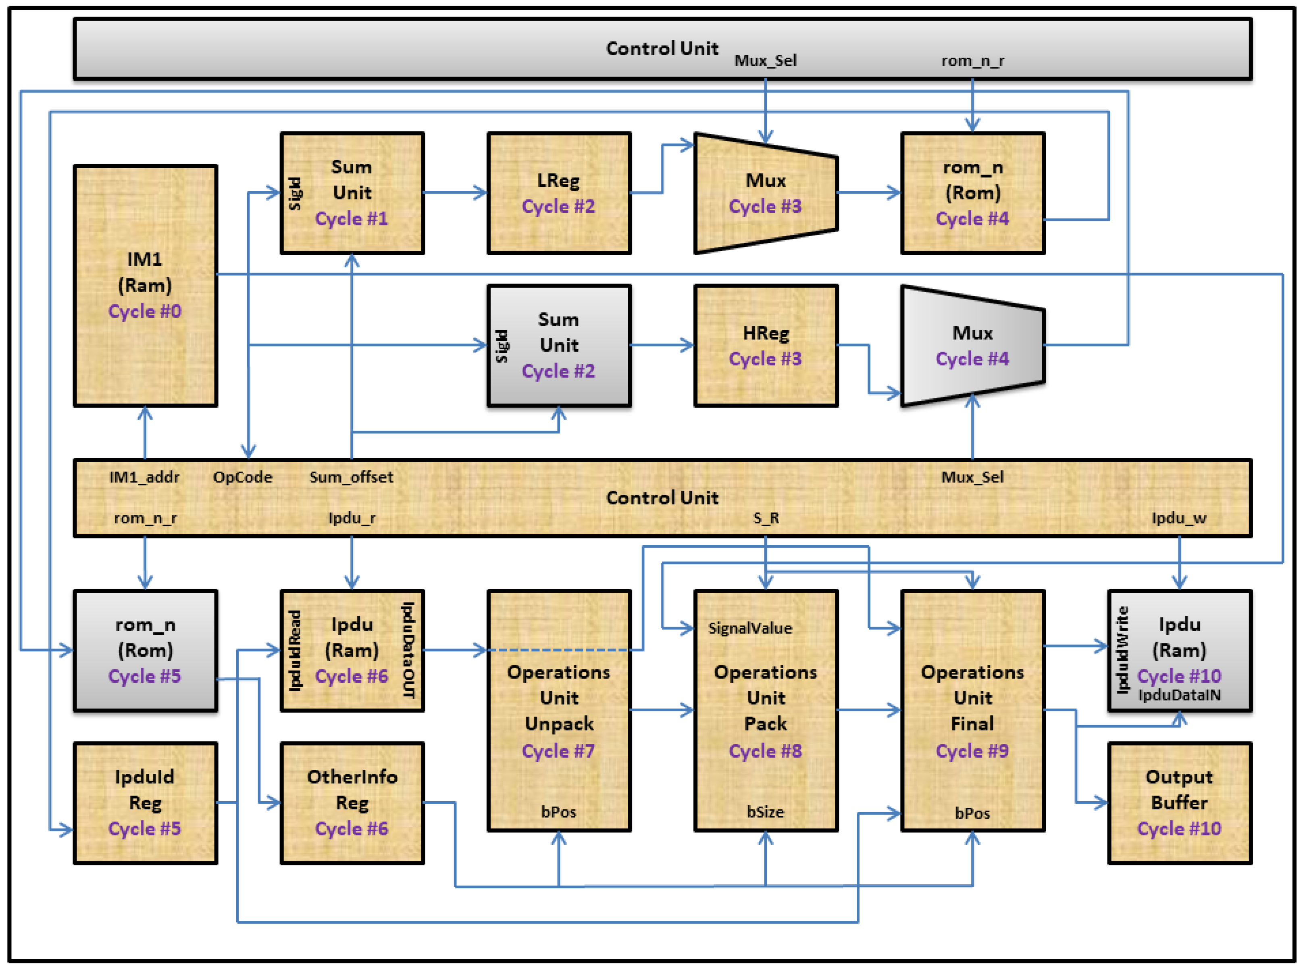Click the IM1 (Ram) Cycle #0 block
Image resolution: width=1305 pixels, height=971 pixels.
pyautogui.click(x=145, y=285)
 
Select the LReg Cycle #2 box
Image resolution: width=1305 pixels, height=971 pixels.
pyautogui.click(x=559, y=193)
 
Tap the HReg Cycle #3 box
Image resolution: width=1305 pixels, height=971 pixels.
pyautogui.click(x=766, y=346)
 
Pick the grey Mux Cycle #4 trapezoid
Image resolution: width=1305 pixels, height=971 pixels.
pyautogui.click(x=972, y=346)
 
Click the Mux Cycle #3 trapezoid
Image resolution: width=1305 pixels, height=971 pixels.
pyautogui.click(x=766, y=193)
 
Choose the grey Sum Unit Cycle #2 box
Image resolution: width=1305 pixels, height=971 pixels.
pyautogui.click(x=559, y=346)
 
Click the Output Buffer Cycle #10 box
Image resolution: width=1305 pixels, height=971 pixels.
pyautogui.click(x=1179, y=803)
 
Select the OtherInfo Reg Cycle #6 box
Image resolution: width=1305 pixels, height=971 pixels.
pyautogui.click(x=352, y=803)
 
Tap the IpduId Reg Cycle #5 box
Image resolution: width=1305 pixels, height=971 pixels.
pyautogui.click(x=145, y=803)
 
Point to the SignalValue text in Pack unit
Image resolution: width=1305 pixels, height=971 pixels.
pyautogui.click(x=750, y=628)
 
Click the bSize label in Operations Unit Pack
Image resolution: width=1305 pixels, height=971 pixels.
pyautogui.click(x=766, y=812)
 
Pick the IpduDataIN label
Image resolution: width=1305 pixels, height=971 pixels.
pyautogui.click(x=1179, y=695)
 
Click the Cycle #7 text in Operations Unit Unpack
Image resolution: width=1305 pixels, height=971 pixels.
pyautogui.click(x=559, y=751)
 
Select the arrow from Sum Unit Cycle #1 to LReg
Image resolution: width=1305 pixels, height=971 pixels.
pyautogui.click(x=456, y=192)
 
